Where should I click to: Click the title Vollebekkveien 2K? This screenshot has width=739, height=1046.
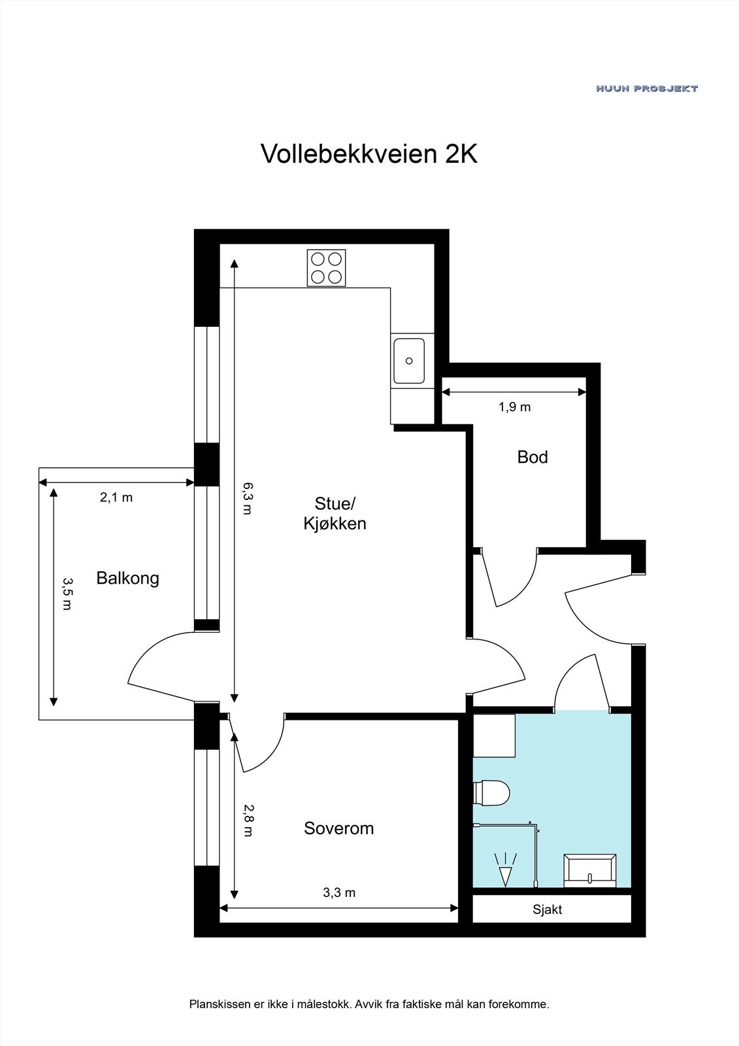coord(369,154)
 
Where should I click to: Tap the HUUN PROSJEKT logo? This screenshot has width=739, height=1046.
coord(646,88)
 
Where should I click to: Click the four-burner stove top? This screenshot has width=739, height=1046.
coord(327,268)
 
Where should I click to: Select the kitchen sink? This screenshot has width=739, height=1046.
coord(409,361)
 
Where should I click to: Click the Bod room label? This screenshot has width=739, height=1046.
coord(532,457)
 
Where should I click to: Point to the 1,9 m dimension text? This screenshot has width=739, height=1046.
coord(514,407)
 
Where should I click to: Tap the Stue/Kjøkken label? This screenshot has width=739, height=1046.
coord(335,513)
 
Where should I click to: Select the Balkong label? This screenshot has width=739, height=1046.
coord(127,578)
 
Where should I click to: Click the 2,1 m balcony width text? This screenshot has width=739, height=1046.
coord(116,498)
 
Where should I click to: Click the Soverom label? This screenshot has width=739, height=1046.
coord(338,828)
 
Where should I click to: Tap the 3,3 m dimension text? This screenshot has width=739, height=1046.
coord(339,893)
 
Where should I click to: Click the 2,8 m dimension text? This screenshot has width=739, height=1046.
coord(247,820)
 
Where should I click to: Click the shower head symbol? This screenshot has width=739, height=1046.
coord(506,870)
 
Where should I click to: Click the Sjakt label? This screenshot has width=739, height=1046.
coord(547,909)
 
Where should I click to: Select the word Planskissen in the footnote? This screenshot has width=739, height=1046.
coord(218,1004)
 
